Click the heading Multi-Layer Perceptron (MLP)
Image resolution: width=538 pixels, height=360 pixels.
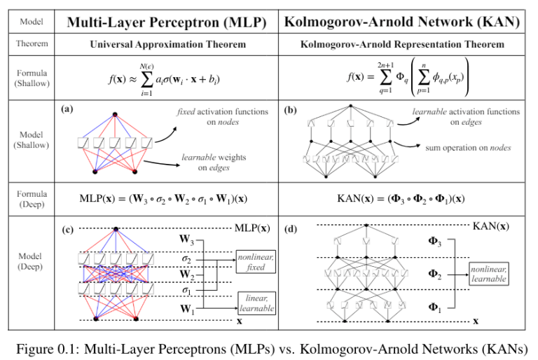pos(167,22)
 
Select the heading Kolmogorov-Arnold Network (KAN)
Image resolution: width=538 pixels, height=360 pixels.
pos(401,22)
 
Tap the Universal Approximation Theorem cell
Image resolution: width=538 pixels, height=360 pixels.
pos(167,45)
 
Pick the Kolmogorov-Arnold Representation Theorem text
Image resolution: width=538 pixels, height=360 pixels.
pos(401,45)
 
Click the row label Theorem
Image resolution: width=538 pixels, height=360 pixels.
pos(32,44)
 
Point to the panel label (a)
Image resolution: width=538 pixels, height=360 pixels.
pos(67,109)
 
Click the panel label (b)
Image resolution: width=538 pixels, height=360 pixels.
pos(290,110)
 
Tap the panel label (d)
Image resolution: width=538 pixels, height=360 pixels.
pos(290,229)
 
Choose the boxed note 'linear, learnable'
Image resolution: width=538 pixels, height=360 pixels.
pos(255,303)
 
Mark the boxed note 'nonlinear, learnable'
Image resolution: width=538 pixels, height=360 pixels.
pos(488,273)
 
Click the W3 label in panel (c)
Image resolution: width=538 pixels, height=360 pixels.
pos(186,240)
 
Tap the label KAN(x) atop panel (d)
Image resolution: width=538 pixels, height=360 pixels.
pos(490,226)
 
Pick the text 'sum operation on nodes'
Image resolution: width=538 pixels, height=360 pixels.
pos(468,148)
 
